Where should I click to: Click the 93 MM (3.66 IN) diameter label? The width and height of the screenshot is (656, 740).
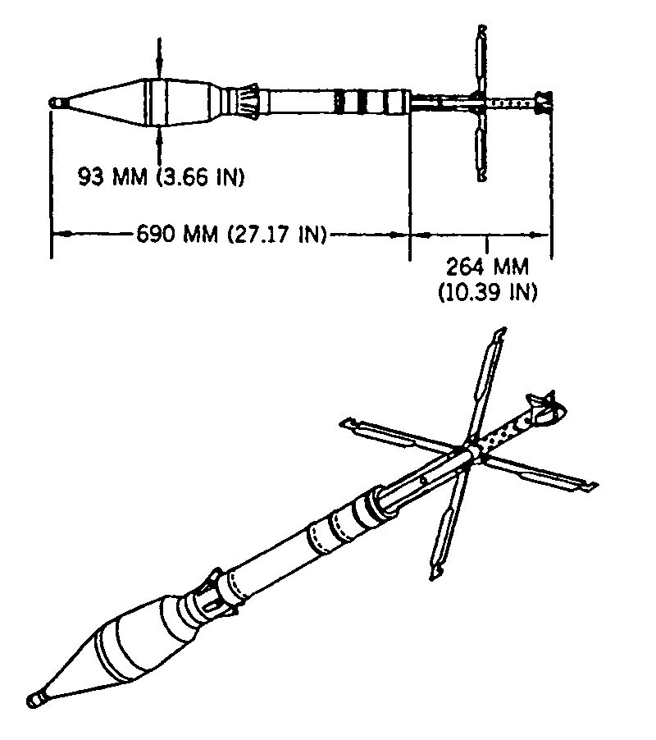pyautogui.click(x=162, y=177)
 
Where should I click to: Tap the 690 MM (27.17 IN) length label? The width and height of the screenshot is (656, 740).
pyautogui.click(x=231, y=234)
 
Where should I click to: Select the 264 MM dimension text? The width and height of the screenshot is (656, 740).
pyautogui.click(x=487, y=267)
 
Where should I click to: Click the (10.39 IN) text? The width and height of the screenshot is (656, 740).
pyautogui.click(x=488, y=292)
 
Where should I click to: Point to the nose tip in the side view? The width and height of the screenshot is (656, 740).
pyautogui.click(x=52, y=103)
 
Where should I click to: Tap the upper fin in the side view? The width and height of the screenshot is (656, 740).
pyautogui.click(x=481, y=61)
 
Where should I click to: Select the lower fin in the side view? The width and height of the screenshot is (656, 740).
pyautogui.click(x=481, y=146)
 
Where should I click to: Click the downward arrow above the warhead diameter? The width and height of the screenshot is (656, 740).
pyautogui.click(x=159, y=57)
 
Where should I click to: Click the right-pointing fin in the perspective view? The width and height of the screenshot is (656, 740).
pyautogui.click(x=541, y=473)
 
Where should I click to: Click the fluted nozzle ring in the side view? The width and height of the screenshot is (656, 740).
pyautogui.click(x=247, y=102)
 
